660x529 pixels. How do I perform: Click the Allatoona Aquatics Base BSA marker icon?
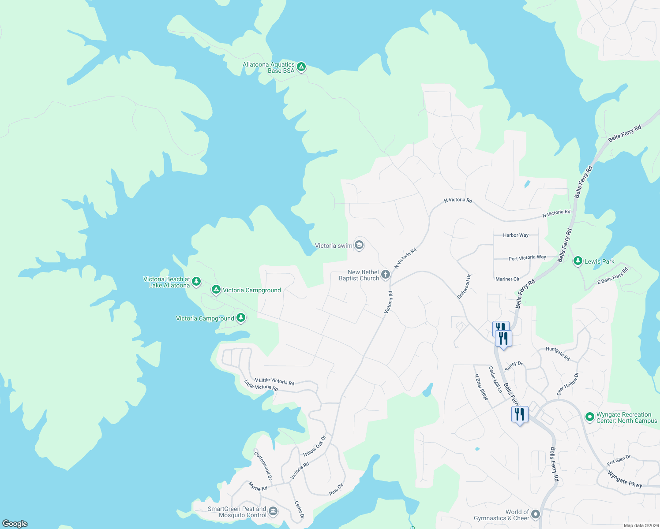coord(301,67)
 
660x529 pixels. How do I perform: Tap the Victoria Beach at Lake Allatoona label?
coord(167,282)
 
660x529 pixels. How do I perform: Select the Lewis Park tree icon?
coord(577,261)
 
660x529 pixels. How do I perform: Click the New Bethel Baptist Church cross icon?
coord(386,275)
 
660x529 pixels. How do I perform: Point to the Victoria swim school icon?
coord(359,245)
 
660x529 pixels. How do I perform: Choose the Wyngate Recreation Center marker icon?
coord(589,417)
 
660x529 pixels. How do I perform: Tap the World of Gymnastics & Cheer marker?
coord(536,514)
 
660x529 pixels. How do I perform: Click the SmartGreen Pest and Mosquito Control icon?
coord(273,511)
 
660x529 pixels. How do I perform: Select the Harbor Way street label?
coord(516,235)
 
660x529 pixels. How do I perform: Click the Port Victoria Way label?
coord(527,258)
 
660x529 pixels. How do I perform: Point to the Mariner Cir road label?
coord(507,279)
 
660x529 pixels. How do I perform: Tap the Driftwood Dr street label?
coord(464,287)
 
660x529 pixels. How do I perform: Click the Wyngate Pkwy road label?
coord(625,479)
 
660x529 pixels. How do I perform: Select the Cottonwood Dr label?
coord(263,465)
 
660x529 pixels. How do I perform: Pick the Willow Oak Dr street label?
coord(315,446)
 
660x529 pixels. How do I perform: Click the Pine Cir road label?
coord(336,489)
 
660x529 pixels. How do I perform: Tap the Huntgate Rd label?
coord(558,354)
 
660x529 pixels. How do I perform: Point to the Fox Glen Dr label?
coord(619,461)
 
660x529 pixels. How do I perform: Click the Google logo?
coord(15,524)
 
